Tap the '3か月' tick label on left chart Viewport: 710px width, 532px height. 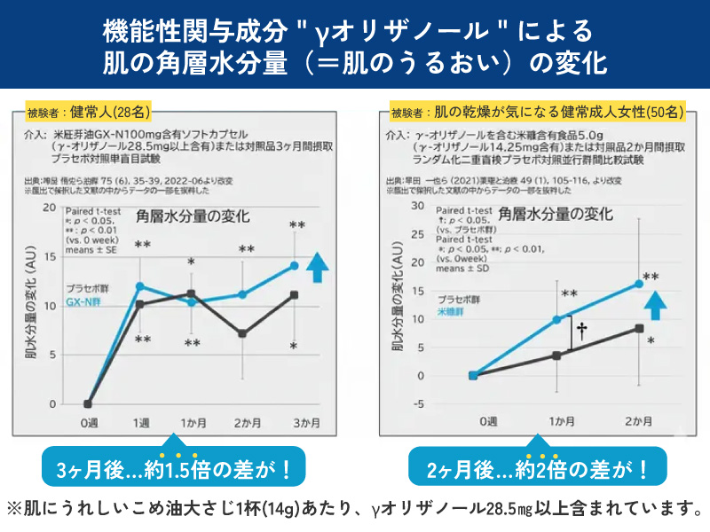294,423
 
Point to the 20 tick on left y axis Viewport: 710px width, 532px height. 50,207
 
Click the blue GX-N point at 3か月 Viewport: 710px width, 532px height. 294,265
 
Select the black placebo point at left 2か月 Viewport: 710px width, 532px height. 242,333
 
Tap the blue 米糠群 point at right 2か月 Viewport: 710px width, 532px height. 639,284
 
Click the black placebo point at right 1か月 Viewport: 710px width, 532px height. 556,356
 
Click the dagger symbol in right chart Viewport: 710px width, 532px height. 581,330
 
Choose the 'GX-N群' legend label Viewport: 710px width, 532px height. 86,303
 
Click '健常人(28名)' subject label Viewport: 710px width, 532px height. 112,113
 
